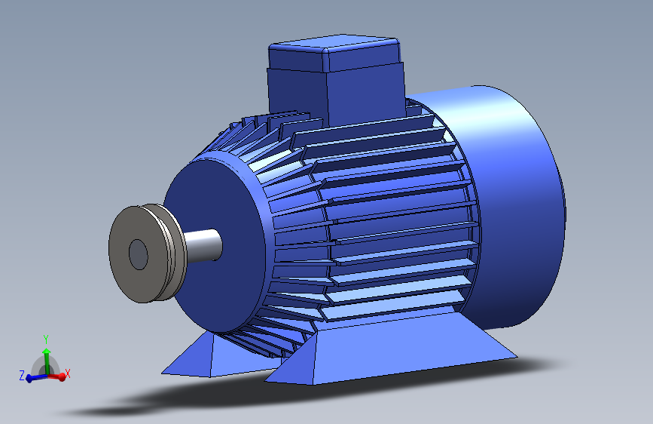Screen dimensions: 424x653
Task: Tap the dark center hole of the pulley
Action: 139,254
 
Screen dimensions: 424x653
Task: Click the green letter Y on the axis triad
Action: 46,338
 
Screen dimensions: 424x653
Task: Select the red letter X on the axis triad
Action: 68,373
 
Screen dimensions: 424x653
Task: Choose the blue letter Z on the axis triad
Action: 22,375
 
